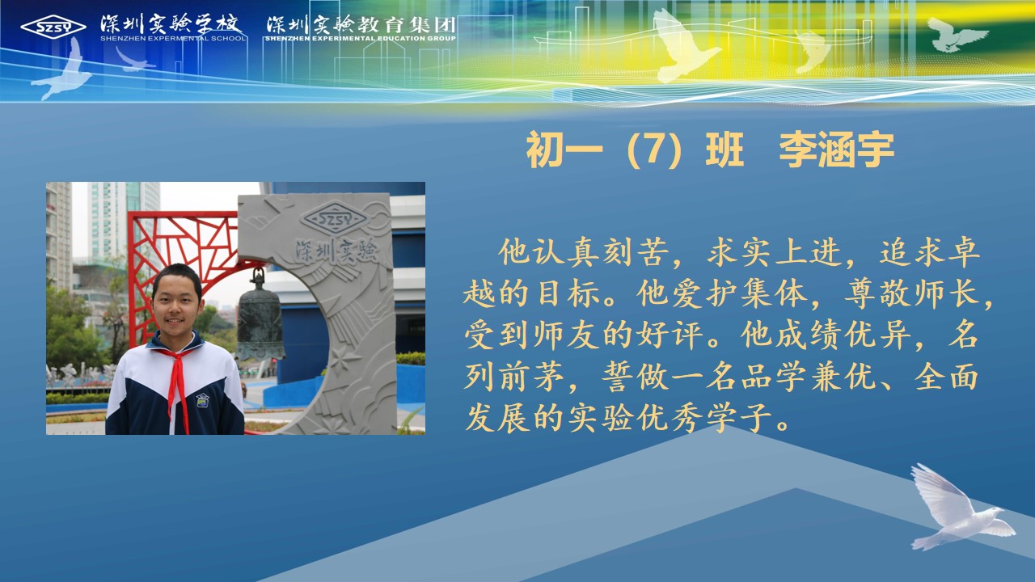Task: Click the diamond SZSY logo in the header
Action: pos(53,27)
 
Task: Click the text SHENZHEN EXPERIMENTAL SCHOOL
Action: pos(173,38)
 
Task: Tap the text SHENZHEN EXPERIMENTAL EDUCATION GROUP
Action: pos(361,38)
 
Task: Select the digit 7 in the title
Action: pos(652,150)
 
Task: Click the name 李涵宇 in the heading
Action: pos(836,150)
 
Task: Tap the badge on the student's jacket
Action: pos(202,400)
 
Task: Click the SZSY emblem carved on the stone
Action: pos(334,218)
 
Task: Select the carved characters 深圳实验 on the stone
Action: pos(336,251)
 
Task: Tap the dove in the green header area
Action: pos(957,35)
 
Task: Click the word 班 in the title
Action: pos(724,150)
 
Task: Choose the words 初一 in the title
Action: pos(564,150)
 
